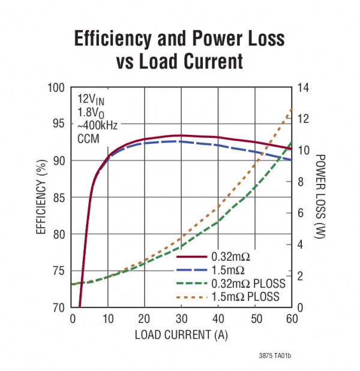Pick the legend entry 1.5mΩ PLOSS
244,296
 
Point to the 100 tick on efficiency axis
56,88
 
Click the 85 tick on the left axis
58,198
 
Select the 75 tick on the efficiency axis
58,271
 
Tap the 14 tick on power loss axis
303,88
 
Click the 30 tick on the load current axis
181,319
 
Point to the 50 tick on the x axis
255,319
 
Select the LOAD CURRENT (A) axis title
181,334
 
